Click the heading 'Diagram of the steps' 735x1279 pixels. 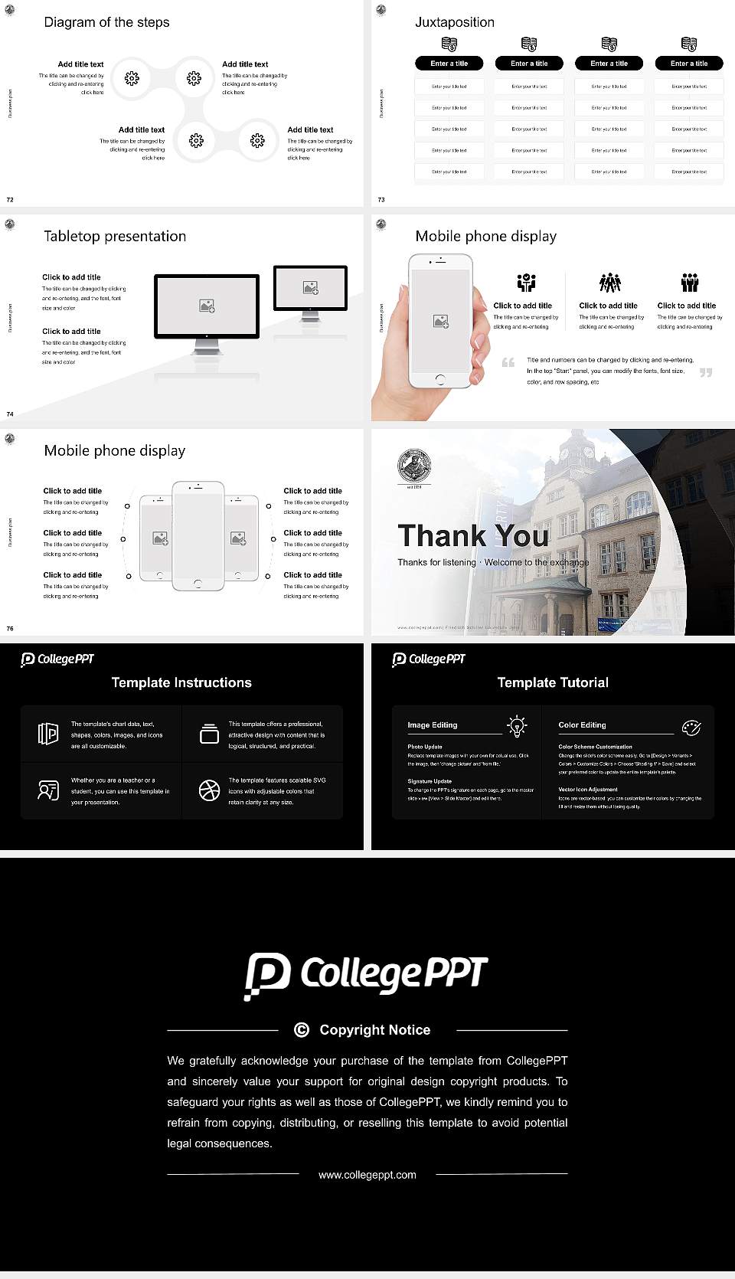click(x=106, y=22)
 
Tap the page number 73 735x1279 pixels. click(x=381, y=200)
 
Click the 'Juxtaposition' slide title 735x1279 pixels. click(x=454, y=22)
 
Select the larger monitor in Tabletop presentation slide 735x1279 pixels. click(x=207, y=306)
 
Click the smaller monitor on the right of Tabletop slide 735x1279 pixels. click(x=310, y=288)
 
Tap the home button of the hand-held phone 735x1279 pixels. click(x=439, y=379)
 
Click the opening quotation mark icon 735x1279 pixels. click(x=508, y=362)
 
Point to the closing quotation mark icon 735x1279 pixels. click(x=705, y=373)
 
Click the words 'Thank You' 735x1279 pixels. click(x=472, y=535)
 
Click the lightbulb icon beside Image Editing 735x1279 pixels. click(x=517, y=726)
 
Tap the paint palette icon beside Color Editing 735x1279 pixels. click(x=691, y=727)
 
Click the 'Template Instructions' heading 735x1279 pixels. click(x=181, y=682)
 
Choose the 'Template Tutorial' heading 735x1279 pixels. click(x=552, y=682)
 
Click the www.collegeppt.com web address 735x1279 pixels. click(x=367, y=1175)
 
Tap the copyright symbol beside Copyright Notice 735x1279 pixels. click(x=302, y=1030)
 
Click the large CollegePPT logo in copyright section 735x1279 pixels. click(x=366, y=975)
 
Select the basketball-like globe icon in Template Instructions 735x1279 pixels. click(x=209, y=790)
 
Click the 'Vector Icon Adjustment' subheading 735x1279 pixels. click(x=587, y=789)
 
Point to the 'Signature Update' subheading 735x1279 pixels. click(x=429, y=781)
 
